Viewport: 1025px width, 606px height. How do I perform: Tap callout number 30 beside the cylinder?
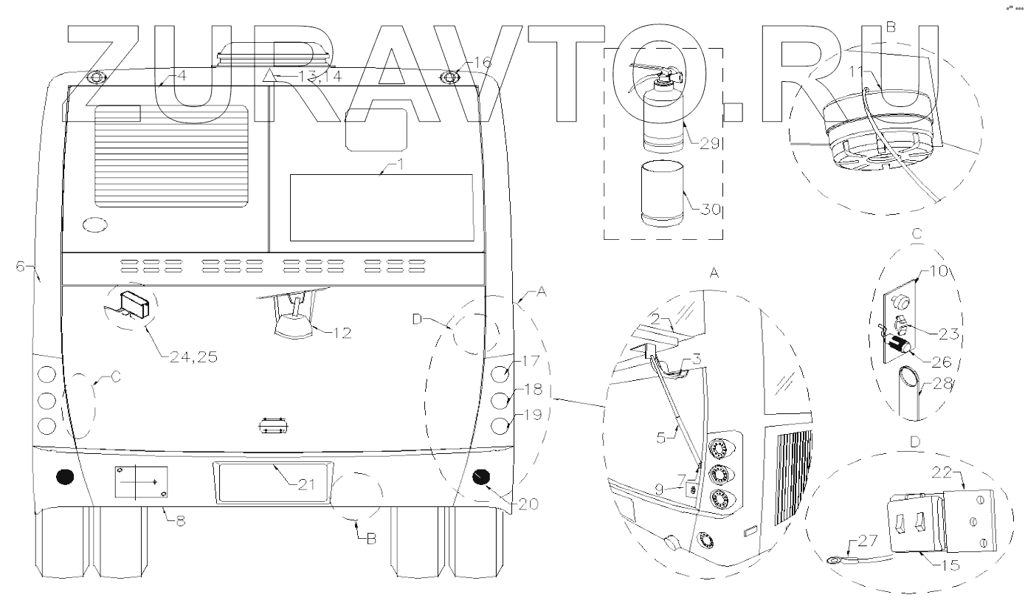709,209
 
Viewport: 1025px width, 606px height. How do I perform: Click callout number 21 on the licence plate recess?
306,484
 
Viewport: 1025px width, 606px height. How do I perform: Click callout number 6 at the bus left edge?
20,266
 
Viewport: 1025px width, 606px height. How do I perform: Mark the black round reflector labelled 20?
483,478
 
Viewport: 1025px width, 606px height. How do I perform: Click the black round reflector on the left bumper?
65,478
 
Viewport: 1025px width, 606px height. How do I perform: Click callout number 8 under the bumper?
181,520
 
